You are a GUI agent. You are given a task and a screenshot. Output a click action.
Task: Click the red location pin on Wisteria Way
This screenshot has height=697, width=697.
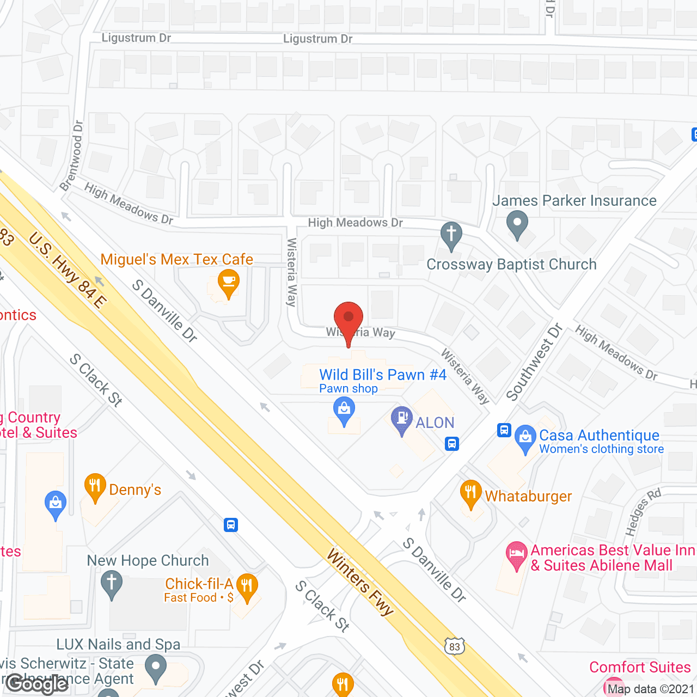tap(348, 318)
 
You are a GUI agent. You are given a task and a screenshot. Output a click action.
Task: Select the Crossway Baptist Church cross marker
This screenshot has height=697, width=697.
tap(451, 235)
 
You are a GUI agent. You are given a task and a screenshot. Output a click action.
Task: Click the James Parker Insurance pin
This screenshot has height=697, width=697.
tap(517, 224)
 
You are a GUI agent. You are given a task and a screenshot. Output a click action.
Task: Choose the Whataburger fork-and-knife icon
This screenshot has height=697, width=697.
tap(470, 493)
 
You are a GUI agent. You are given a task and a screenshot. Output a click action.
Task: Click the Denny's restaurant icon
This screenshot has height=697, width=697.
tap(95, 486)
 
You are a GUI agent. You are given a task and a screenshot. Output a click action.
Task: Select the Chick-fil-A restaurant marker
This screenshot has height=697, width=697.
tap(247, 586)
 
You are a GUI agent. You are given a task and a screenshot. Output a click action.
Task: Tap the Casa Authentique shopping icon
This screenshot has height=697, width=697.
tap(525, 437)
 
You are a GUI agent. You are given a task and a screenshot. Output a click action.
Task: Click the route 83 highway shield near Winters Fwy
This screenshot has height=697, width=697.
tap(455, 646)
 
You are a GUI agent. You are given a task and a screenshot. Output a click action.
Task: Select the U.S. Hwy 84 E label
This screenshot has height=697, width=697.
tap(68, 270)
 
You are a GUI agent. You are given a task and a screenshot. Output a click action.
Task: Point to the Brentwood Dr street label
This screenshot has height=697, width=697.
tap(72, 156)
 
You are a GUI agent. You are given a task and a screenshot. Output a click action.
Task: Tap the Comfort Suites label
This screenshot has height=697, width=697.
tap(640, 667)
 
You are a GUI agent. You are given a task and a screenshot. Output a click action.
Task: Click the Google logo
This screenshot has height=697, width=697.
tap(37, 683)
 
